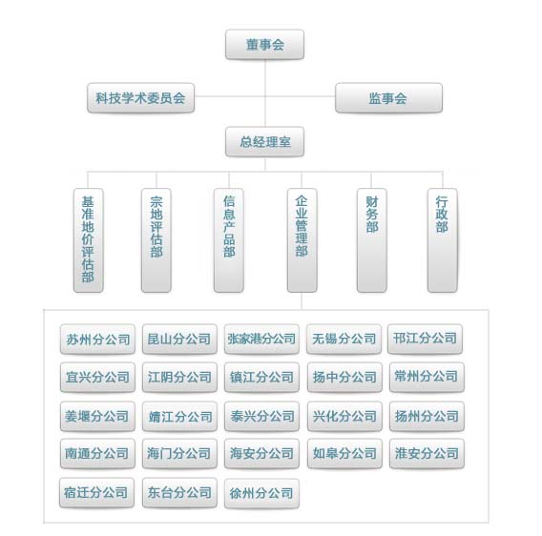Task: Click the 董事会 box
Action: click(x=264, y=45)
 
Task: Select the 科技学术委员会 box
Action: click(x=140, y=98)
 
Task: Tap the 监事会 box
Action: click(x=388, y=98)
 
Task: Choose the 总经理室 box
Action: click(x=264, y=142)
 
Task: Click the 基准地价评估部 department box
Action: click(x=88, y=240)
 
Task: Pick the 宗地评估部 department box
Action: click(x=156, y=240)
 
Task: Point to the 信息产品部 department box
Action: click(x=229, y=240)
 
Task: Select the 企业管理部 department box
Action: click(x=302, y=240)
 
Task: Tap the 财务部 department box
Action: click(x=371, y=240)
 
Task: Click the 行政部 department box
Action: click(x=443, y=240)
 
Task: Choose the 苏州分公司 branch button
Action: click(x=97, y=339)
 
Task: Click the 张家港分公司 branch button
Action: click(x=261, y=339)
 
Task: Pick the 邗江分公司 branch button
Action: click(x=426, y=339)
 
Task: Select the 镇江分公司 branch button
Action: click(x=261, y=377)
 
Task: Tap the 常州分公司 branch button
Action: click(x=427, y=377)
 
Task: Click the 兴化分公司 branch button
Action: click(x=344, y=416)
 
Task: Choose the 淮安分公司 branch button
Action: click(x=427, y=453)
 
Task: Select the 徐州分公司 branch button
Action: click(x=261, y=493)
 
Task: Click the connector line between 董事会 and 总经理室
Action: click(x=265, y=93)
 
